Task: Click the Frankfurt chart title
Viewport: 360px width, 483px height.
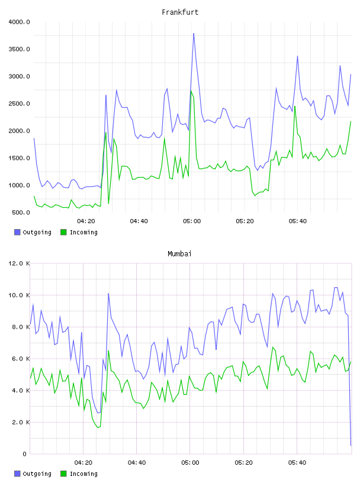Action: coord(180,12)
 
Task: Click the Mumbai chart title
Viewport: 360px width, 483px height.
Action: coord(179,254)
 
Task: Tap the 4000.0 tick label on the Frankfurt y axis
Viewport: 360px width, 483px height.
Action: coord(19,22)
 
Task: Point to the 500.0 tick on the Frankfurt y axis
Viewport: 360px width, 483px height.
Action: coord(21,212)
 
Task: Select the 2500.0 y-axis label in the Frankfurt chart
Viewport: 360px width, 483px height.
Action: coord(19,104)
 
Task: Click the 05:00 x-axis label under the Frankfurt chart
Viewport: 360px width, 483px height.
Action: coord(192,221)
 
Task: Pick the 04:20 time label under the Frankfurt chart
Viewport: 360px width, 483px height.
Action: coord(86,221)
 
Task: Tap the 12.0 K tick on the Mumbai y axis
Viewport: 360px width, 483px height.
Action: coord(19,263)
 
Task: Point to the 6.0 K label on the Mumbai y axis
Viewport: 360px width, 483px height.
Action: coord(21,359)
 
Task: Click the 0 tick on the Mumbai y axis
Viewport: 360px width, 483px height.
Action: coord(24,454)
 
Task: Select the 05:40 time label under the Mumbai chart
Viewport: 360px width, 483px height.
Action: coord(297,463)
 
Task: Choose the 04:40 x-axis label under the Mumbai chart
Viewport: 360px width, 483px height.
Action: coord(137,463)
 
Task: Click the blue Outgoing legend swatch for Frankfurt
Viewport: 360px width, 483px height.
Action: coord(17,232)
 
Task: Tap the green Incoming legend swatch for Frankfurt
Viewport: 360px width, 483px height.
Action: coord(63,232)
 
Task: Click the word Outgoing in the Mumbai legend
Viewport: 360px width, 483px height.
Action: coord(37,474)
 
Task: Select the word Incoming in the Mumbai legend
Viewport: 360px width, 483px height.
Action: coord(83,474)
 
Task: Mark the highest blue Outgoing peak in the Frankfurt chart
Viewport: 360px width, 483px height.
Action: coord(194,33)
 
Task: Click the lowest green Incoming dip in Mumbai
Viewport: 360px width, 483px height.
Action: coord(98,427)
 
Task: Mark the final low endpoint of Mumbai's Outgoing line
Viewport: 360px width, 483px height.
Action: coord(351,446)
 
